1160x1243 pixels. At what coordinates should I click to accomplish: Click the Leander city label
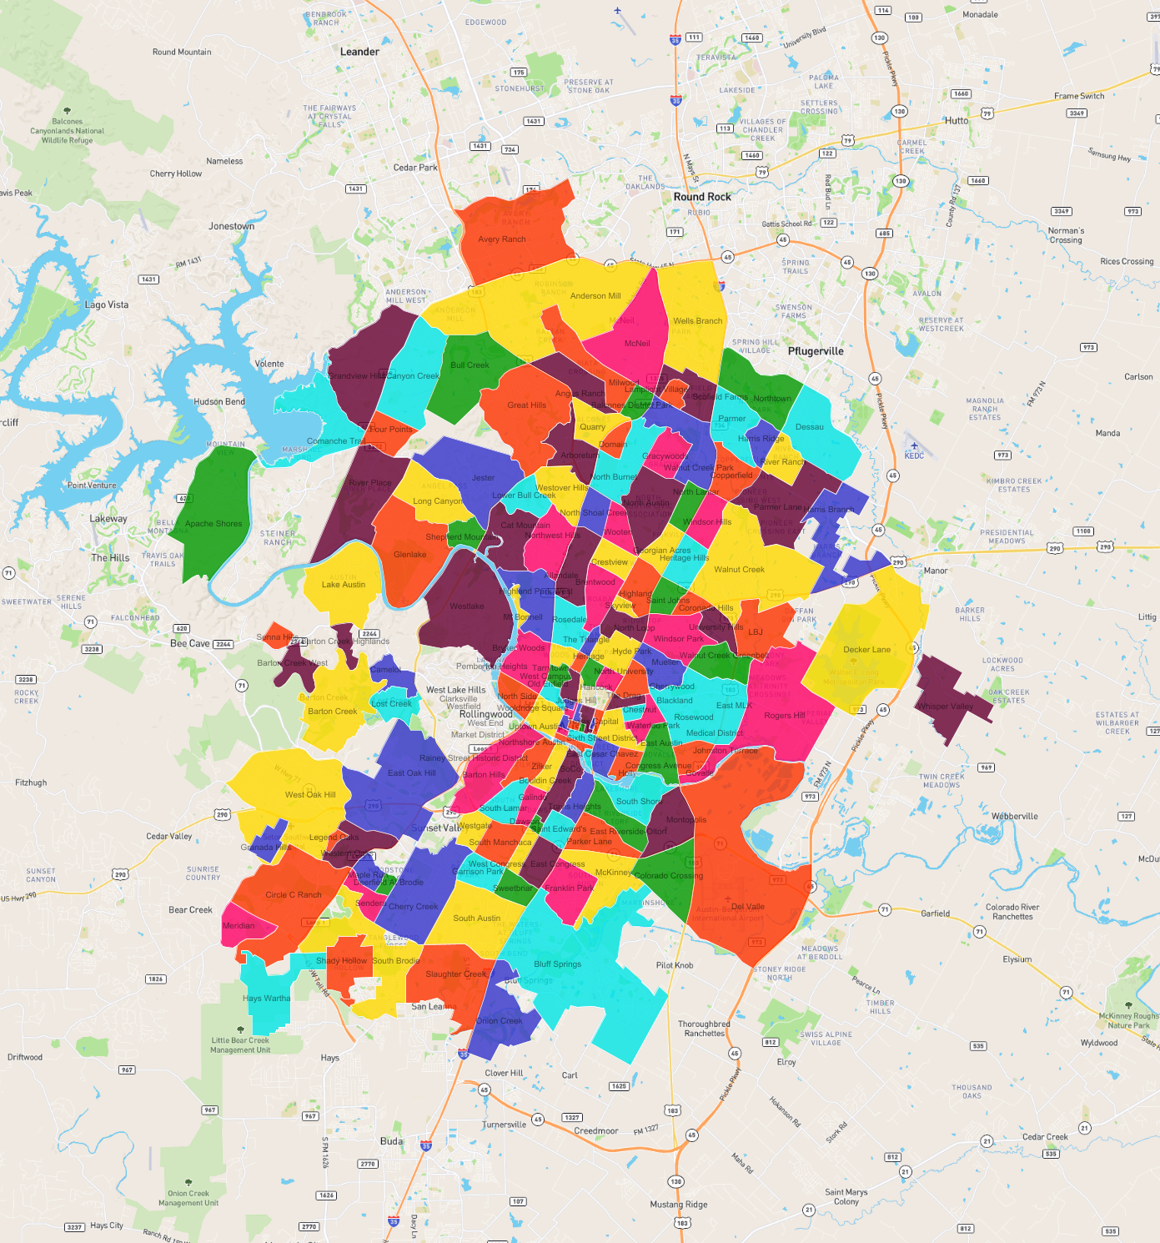point(359,52)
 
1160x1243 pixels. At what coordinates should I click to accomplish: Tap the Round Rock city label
point(702,197)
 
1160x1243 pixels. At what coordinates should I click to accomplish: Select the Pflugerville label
point(816,351)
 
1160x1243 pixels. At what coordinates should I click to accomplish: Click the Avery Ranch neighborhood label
point(502,239)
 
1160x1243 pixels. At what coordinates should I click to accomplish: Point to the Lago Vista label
point(107,304)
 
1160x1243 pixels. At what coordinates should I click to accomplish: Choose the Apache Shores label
point(213,524)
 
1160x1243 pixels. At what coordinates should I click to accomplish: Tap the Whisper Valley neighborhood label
point(945,707)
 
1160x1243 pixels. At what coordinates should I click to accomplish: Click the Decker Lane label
point(866,650)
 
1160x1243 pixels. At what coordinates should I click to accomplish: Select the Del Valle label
point(748,907)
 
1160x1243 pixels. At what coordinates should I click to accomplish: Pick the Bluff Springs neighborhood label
point(558,964)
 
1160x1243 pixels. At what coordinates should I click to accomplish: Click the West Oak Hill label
point(310,795)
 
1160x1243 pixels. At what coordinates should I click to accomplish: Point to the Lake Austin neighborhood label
point(344,585)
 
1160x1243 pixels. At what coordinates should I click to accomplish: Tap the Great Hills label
point(527,405)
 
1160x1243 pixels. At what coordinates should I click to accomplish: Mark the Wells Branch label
point(698,321)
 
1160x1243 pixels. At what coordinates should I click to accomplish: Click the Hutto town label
point(957,121)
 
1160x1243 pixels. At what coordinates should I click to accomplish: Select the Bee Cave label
point(190,644)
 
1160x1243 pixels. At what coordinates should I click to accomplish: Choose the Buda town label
point(391,1141)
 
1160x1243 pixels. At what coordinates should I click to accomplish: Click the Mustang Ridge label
point(679,1205)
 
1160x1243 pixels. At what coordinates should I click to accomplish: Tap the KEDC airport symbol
point(914,445)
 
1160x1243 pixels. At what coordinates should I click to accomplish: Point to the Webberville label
point(1015,817)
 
